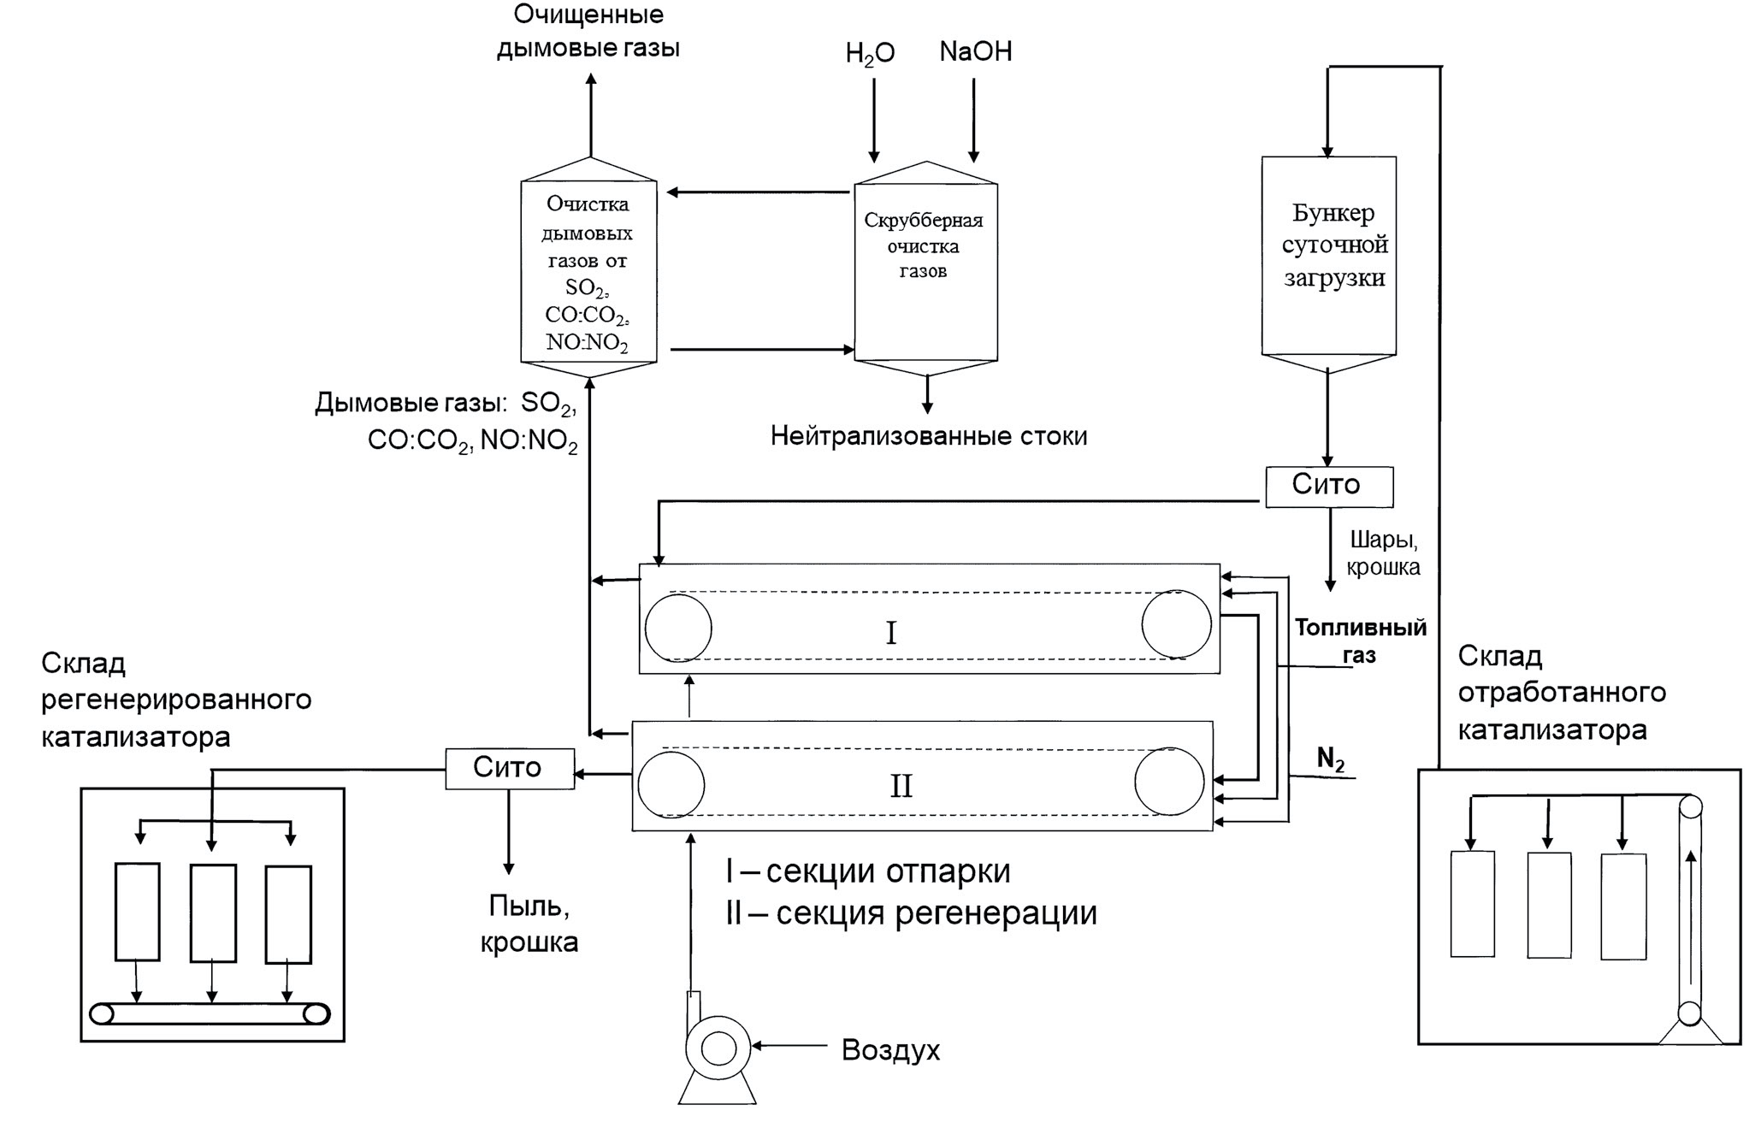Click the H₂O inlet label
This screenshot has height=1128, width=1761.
pyautogui.click(x=870, y=53)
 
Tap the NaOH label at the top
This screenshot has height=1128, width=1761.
pyautogui.click(x=975, y=51)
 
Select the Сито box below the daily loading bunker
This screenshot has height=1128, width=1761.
pyautogui.click(x=1328, y=486)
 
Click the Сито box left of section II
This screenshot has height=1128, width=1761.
pyautogui.click(x=509, y=768)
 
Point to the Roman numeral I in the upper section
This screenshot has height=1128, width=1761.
pyautogui.click(x=891, y=634)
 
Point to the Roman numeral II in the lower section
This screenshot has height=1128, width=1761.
pyautogui.click(x=901, y=786)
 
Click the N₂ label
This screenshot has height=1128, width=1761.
pyautogui.click(x=1330, y=759)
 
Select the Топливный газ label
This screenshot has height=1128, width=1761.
pyautogui.click(x=1360, y=641)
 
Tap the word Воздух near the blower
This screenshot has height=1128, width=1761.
pyautogui.click(x=890, y=1050)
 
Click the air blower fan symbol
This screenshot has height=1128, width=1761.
pyautogui.click(x=718, y=1048)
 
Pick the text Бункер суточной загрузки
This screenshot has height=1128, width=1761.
pyautogui.click(x=1333, y=245)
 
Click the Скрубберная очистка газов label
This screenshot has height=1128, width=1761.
pyautogui.click(x=924, y=246)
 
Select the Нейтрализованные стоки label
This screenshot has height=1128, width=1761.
pyautogui.click(x=929, y=436)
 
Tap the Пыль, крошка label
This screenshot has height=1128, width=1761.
pyautogui.click(x=529, y=924)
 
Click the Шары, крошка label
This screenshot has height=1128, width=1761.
pyautogui.click(x=1383, y=553)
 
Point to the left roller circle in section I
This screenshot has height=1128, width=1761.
pyautogui.click(x=678, y=628)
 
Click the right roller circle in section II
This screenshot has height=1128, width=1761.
pyautogui.click(x=1169, y=782)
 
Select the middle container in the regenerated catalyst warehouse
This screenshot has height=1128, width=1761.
pyautogui.click(x=213, y=913)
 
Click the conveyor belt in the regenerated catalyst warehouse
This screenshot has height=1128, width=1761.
pyautogui.click(x=210, y=1014)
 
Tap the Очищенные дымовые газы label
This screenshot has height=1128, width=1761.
pyautogui.click(x=588, y=31)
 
